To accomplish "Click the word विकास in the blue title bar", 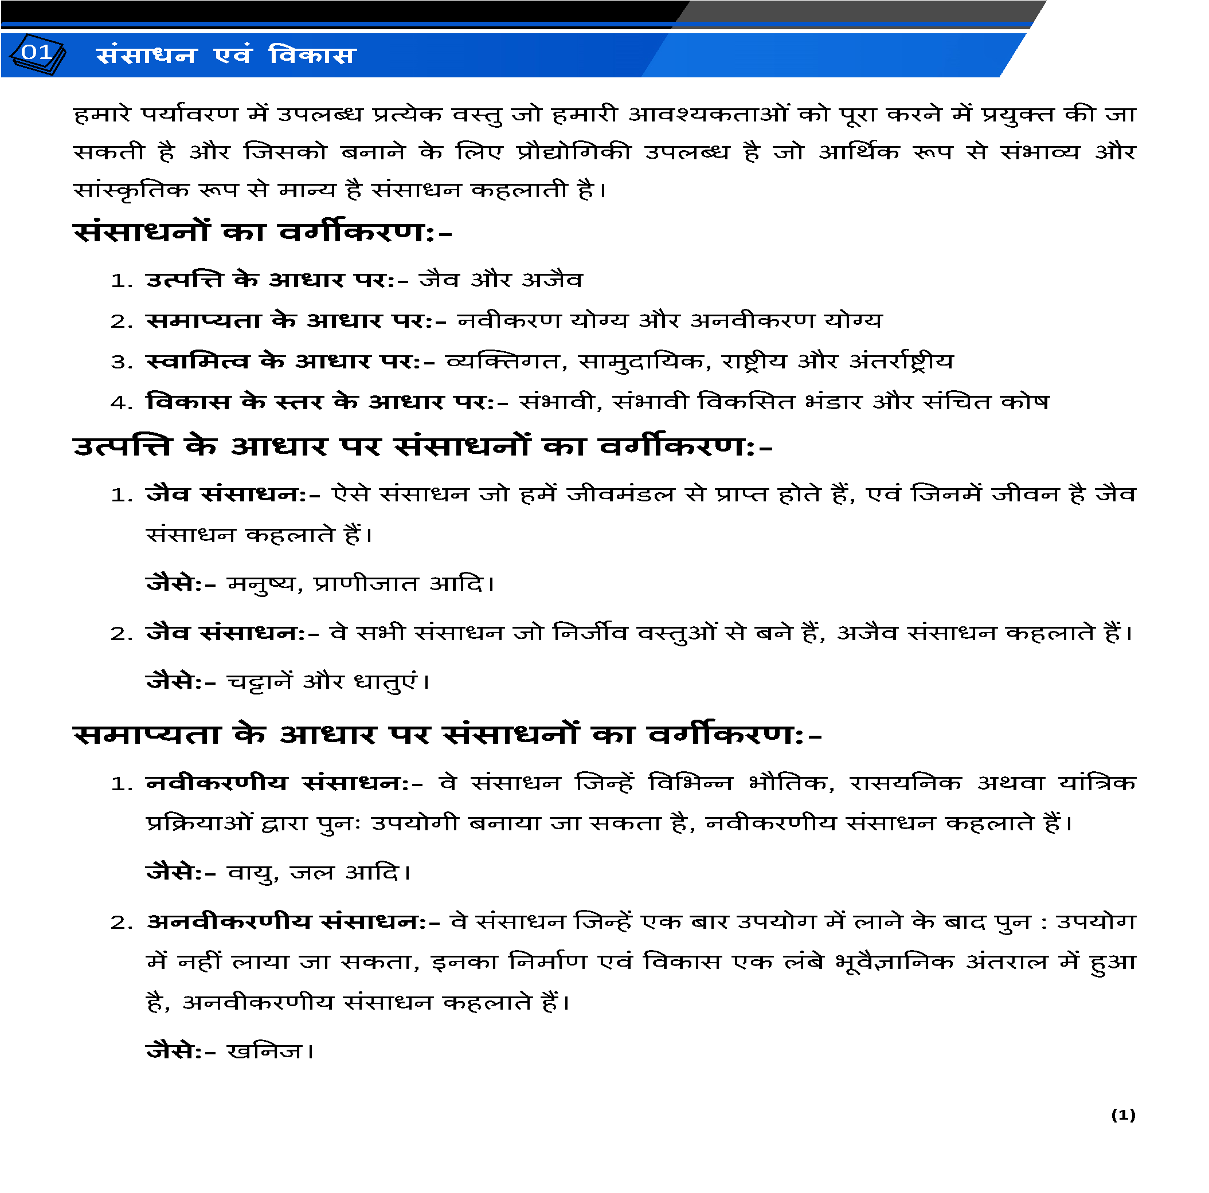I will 312,56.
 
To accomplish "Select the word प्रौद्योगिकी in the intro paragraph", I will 574,152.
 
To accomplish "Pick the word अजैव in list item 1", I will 552,280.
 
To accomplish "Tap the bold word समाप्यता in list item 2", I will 204,320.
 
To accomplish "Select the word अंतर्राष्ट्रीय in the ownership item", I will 901,362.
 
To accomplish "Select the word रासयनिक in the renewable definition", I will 905,783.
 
